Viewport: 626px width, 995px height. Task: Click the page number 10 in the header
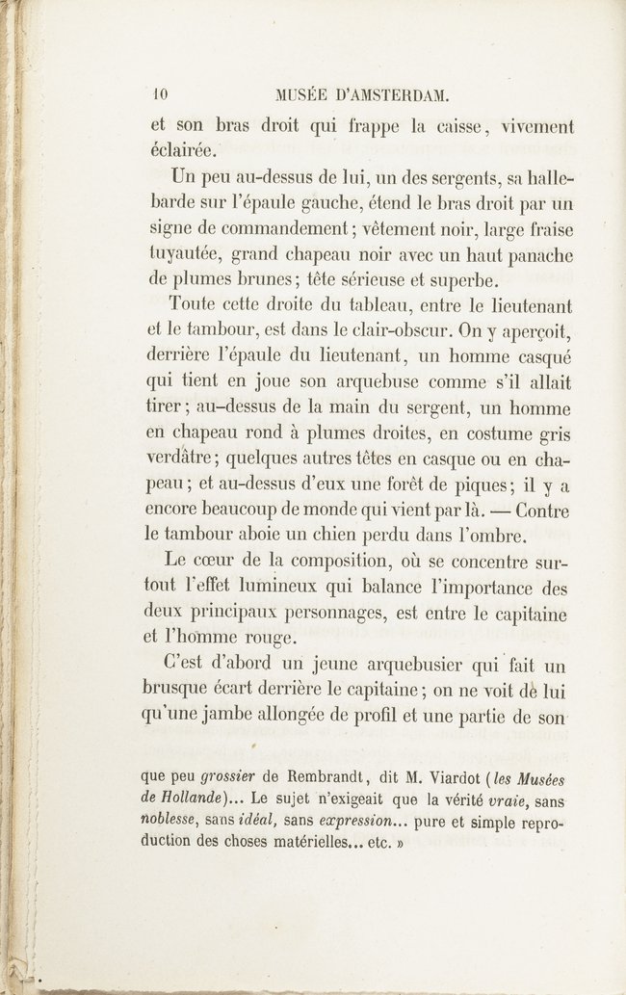pyautogui.click(x=160, y=94)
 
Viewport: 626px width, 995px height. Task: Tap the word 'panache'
pyautogui.click(x=535, y=255)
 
